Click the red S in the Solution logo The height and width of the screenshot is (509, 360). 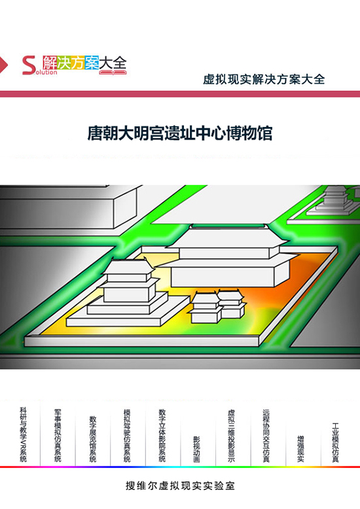pyautogui.click(x=29, y=65)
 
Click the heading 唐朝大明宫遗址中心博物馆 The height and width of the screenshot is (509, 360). pyautogui.click(x=180, y=133)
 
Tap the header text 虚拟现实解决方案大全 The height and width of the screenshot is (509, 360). pyautogui.click(x=264, y=80)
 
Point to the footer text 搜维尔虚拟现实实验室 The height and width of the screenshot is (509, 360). pyautogui.click(x=180, y=485)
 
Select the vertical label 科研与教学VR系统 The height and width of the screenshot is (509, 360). pyautogui.click(x=24, y=434)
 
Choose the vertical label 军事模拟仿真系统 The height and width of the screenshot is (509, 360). pyautogui.click(x=58, y=435)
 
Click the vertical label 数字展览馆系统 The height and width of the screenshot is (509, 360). pyautogui.click(x=93, y=439)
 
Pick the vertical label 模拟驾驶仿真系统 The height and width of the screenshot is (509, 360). pyautogui.click(x=128, y=435)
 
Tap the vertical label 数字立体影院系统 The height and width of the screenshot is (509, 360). pyautogui.click(x=162, y=435)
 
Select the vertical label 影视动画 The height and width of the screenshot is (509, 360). pyautogui.click(x=197, y=449)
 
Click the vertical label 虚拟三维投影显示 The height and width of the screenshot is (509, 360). pyautogui.click(x=231, y=436)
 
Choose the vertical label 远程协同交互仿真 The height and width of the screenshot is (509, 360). pyautogui.click(x=266, y=436)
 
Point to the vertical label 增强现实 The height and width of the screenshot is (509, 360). pyautogui.click(x=301, y=449)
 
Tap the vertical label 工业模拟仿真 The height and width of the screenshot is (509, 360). pyautogui.click(x=336, y=442)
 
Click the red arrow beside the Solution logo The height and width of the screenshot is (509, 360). pyautogui.click(x=3, y=65)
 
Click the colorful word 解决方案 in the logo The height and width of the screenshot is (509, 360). pyautogui.click(x=71, y=62)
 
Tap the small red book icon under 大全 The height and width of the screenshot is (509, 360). pyautogui.click(x=113, y=73)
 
